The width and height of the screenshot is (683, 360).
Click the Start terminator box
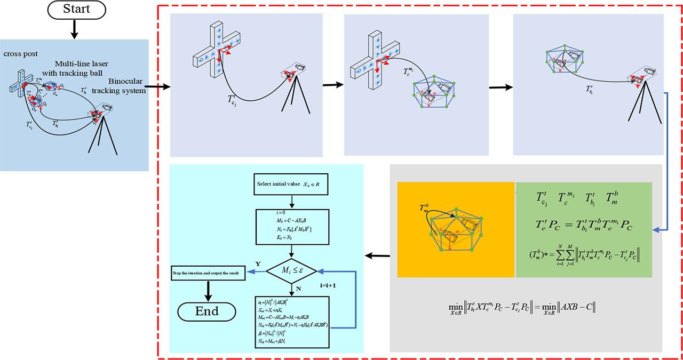(76, 9)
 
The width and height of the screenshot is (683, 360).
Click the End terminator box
(207, 311)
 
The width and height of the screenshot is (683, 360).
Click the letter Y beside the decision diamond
(258, 263)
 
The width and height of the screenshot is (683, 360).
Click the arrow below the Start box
(75, 29)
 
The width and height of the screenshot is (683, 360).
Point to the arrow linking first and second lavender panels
(332, 84)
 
